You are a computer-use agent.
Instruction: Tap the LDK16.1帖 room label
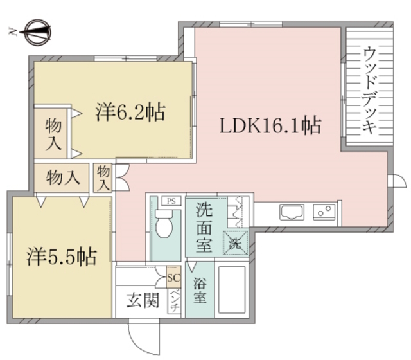click(270, 125)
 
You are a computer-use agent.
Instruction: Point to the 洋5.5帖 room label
click(62, 257)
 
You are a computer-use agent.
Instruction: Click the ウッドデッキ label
click(369, 89)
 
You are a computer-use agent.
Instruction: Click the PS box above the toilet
click(171, 201)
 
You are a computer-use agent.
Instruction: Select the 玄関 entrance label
click(142, 300)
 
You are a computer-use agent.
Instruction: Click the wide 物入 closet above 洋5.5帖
click(64, 177)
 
